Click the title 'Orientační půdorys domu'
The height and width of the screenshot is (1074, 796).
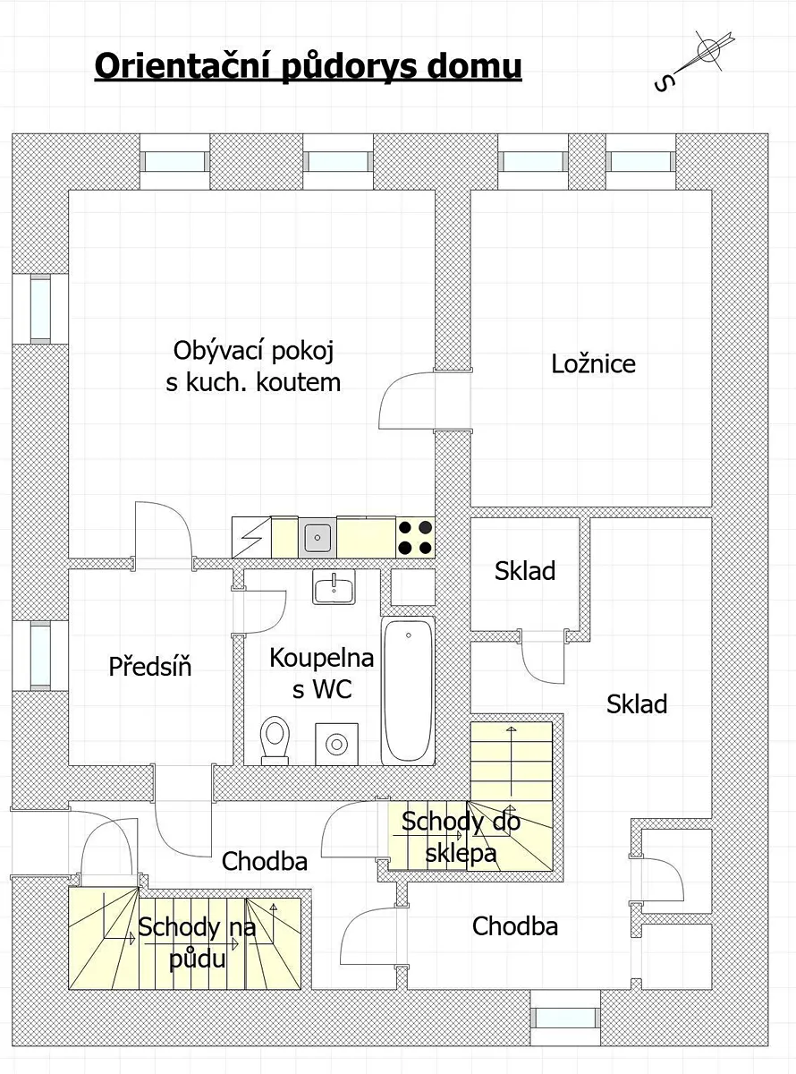(308, 66)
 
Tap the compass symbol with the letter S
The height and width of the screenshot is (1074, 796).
(695, 61)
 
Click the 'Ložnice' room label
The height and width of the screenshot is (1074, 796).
(593, 364)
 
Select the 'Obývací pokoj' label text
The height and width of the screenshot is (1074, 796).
(254, 351)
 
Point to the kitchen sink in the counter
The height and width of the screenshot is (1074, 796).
(318, 538)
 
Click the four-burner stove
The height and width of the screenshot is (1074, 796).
(415, 538)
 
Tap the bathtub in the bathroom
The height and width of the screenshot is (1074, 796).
(408, 691)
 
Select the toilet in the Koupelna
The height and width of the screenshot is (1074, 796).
(275, 740)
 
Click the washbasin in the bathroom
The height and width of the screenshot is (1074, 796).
(334, 587)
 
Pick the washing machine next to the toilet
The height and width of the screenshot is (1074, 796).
(337, 745)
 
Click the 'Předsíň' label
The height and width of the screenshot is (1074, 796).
(150, 667)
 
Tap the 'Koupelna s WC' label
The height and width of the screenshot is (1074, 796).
(322, 673)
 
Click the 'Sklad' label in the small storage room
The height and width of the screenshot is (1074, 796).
(525, 570)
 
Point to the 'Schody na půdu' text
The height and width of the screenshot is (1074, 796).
(197, 943)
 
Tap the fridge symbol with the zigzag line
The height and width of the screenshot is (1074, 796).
(251, 538)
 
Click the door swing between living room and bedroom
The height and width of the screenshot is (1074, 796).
(406, 400)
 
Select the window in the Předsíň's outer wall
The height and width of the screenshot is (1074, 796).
(40, 656)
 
